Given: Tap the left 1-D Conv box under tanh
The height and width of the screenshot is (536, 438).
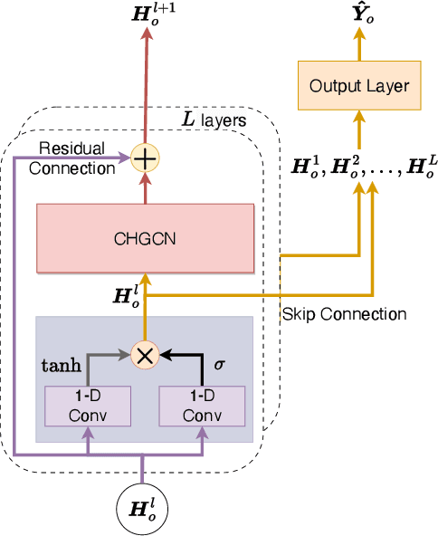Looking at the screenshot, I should pyautogui.click(x=88, y=407).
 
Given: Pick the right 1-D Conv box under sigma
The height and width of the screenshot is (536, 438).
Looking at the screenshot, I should pyautogui.click(x=203, y=407).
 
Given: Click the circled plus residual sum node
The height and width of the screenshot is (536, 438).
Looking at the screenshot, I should pyautogui.click(x=145, y=158).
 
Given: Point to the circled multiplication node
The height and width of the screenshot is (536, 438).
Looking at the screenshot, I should pyautogui.click(x=145, y=355).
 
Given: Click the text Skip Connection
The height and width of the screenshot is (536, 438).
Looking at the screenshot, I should pyautogui.click(x=344, y=314).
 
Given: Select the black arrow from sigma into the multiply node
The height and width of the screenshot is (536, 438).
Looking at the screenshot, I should pyautogui.click(x=186, y=355).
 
